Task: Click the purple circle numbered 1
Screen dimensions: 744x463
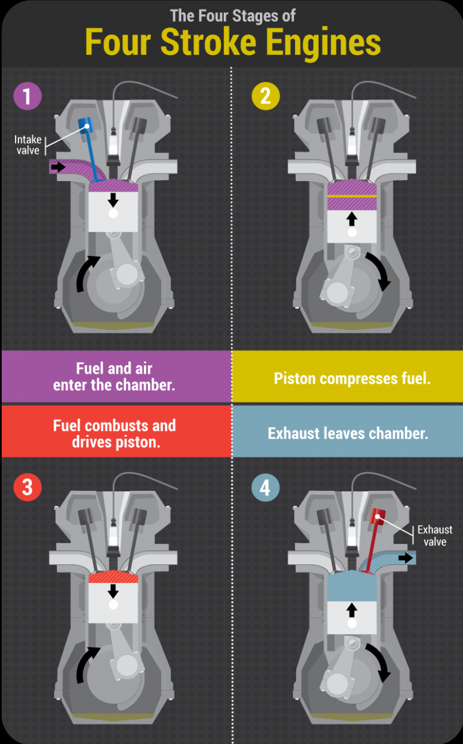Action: point(28,96)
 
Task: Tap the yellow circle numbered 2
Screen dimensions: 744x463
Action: point(266,96)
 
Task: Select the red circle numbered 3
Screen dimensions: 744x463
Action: point(28,487)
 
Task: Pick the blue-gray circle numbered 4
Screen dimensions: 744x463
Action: point(266,488)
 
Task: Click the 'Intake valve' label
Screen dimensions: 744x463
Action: point(28,144)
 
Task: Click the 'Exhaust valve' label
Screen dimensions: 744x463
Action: point(434,535)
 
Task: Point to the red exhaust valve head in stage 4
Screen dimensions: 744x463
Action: point(378,516)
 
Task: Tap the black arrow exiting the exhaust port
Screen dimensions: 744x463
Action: point(405,557)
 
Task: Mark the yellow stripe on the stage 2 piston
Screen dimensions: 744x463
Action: point(351,196)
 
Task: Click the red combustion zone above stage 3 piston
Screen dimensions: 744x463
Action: point(113,577)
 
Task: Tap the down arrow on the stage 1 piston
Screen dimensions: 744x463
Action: point(113,200)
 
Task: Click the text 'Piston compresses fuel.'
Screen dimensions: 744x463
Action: point(351,378)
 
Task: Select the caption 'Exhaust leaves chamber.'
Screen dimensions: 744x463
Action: point(347,433)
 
